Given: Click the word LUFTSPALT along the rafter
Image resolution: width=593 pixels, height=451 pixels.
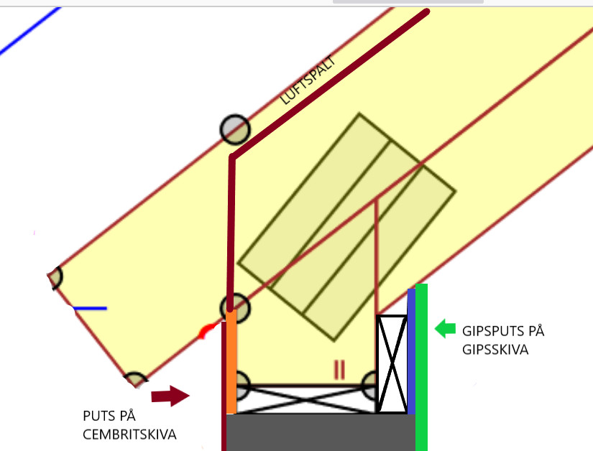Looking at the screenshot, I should tap(309, 80).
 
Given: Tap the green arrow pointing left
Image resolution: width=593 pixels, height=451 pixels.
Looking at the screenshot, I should tap(445, 329).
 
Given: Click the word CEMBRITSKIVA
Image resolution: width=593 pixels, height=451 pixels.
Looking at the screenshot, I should tap(129, 434).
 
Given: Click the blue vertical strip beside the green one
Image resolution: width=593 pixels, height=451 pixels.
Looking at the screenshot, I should tap(411, 352).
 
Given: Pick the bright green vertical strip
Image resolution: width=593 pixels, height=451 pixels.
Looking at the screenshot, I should tap(422, 366).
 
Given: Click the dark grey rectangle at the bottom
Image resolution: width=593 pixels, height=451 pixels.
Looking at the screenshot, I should tap(320, 432).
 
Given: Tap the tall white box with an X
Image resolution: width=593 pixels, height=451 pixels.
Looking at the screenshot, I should tap(392, 364).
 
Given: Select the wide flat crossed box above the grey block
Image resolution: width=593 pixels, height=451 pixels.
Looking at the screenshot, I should tap(306, 399).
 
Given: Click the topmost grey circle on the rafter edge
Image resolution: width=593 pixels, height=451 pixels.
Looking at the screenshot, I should tap(234, 130).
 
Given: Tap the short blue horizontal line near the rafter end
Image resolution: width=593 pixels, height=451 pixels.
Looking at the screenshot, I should tap(90, 309).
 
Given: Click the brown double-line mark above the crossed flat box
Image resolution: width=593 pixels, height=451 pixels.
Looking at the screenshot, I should tap(339, 370).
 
